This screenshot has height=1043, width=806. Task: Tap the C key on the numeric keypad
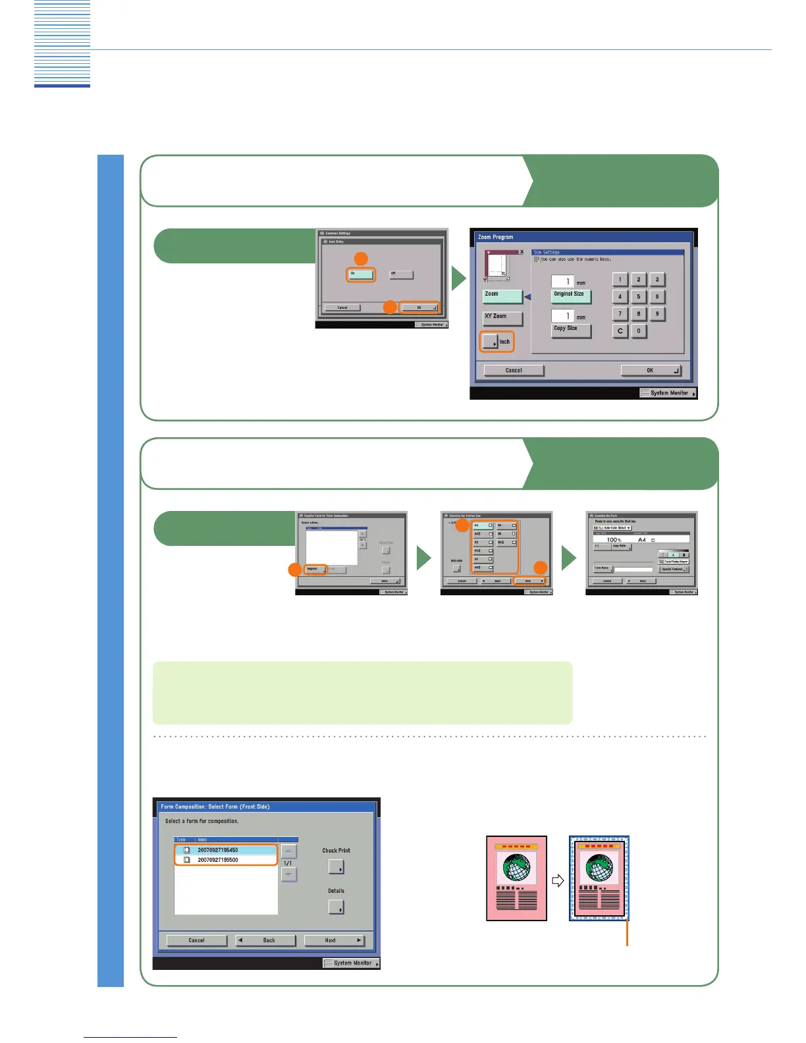point(620,331)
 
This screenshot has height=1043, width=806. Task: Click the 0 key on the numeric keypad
point(638,331)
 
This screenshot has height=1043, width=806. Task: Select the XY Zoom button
point(502,317)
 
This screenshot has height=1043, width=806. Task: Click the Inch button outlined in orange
point(497,342)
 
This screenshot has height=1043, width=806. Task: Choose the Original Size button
point(570,296)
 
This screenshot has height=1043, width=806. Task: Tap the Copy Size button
point(570,330)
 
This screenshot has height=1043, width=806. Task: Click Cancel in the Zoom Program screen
point(514,370)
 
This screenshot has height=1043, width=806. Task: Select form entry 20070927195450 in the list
point(225,850)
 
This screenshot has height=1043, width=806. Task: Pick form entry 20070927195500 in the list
point(225,860)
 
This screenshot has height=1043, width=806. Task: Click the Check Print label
point(336,851)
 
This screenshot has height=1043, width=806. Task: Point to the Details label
point(336,891)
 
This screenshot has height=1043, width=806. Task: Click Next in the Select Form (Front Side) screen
point(334,940)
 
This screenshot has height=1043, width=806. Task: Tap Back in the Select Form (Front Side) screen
point(265,940)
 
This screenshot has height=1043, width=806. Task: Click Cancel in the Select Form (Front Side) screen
point(196,940)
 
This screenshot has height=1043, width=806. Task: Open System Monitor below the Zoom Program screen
point(668,393)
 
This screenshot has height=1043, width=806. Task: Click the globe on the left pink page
point(516,869)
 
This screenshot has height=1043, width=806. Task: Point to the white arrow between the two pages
point(558,880)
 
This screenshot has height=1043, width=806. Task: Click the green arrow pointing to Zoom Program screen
point(458,280)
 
